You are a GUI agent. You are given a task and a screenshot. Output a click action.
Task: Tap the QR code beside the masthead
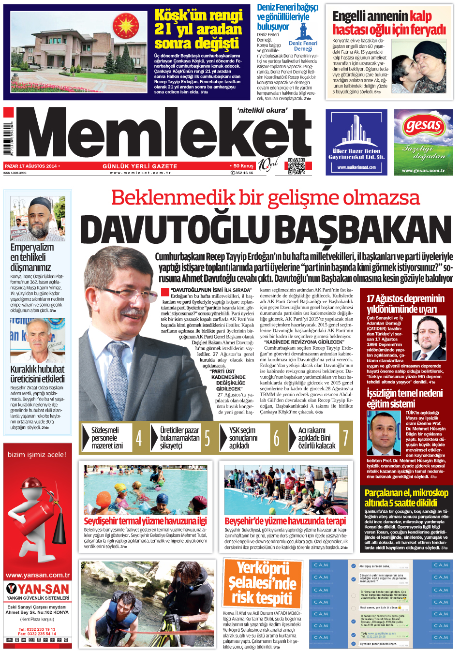coord(296,166)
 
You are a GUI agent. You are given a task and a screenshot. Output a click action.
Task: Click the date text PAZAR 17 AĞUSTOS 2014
coord(31,166)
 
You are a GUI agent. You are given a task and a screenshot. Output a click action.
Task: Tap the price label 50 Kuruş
coord(243,166)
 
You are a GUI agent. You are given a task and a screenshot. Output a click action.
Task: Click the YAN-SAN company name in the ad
coord(43,589)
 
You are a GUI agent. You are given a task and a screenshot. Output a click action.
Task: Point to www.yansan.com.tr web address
coord(38,575)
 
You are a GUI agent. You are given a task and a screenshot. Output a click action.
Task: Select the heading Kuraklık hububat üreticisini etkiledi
coord(38,374)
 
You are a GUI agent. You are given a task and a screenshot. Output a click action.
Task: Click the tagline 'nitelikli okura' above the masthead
coord(262,110)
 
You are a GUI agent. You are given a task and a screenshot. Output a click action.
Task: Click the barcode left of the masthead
coord(9,140)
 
